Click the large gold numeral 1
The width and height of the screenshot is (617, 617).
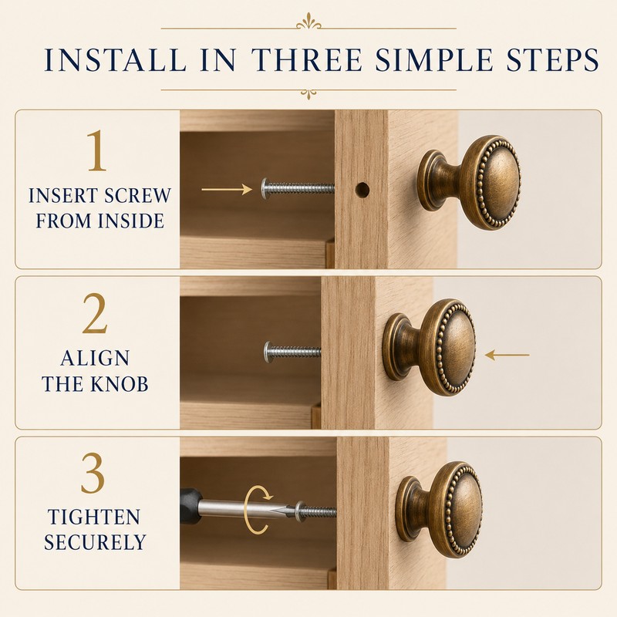pos(97,150)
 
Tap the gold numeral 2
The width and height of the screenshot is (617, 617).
pos(95,314)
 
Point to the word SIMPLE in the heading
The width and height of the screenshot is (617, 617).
pos(434,60)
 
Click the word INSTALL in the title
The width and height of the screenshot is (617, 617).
pos(115,60)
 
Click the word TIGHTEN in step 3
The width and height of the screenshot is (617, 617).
pos(94,517)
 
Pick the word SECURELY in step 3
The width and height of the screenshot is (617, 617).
pos(95,542)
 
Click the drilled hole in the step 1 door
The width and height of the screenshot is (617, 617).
pos(362,190)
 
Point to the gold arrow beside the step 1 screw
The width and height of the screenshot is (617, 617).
pos(227,189)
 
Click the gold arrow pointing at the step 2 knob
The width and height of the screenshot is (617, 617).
pos(507,355)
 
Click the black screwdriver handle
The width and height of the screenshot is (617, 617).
pos(190,506)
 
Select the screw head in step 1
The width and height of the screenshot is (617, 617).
pos(265,188)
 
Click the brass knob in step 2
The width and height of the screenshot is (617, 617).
pos(430,348)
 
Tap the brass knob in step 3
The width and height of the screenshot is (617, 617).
pos(439,509)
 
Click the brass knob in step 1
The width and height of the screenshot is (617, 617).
pos(469,183)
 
